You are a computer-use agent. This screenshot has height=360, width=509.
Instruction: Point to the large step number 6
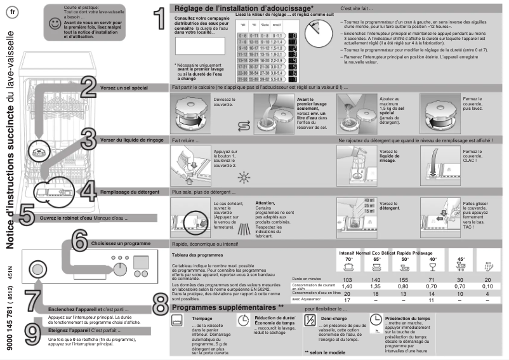79,241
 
